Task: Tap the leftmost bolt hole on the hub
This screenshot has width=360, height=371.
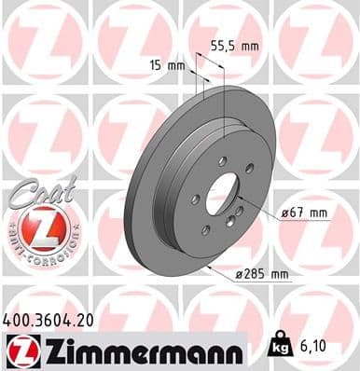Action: [194, 199]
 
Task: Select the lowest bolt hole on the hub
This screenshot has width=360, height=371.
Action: [205, 230]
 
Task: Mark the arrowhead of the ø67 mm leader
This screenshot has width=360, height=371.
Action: [239, 198]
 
